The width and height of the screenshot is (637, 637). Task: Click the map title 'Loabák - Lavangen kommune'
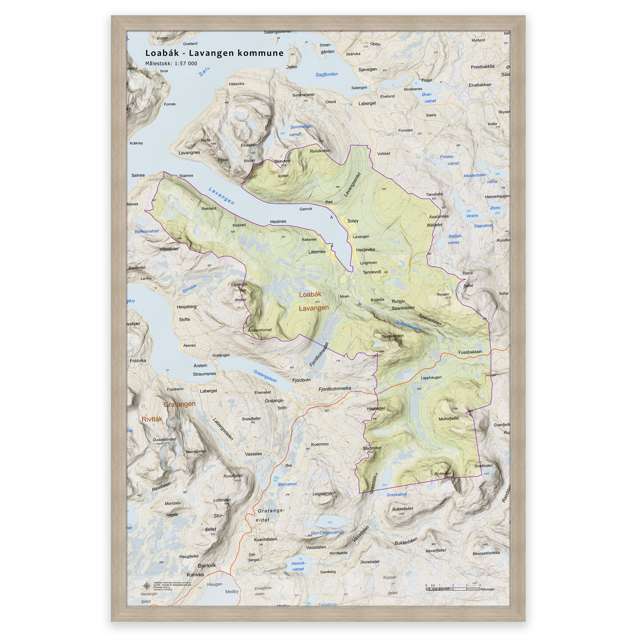[x=214, y=53]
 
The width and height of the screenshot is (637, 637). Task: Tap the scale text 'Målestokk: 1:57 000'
[x=171, y=64]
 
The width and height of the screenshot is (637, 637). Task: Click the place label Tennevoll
[x=372, y=272]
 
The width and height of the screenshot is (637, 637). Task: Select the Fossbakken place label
[x=470, y=352]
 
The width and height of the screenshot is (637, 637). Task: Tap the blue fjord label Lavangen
[x=221, y=196]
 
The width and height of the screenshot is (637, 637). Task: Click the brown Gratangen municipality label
[x=179, y=404]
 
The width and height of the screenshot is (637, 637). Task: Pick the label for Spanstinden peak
[x=392, y=336]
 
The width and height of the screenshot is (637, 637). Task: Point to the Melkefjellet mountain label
[x=449, y=418]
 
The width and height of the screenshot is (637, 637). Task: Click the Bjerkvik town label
[x=207, y=565]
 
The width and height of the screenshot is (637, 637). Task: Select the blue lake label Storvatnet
[x=287, y=484]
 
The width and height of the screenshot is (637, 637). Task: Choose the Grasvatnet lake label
[x=397, y=495]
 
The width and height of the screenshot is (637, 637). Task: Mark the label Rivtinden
[x=443, y=474]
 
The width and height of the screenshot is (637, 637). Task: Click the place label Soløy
[x=353, y=221]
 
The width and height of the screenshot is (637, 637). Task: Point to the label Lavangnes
[x=189, y=153]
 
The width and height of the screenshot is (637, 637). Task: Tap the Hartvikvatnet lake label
[x=298, y=566]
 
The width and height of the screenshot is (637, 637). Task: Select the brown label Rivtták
[x=152, y=419]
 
